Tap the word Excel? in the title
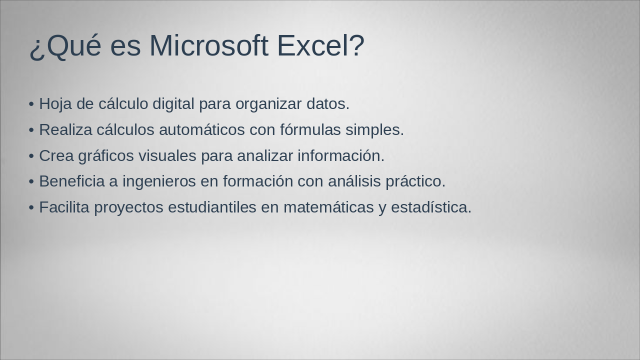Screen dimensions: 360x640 click(x=320, y=45)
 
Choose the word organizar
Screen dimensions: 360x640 click(x=268, y=104)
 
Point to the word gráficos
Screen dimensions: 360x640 click(x=106, y=156)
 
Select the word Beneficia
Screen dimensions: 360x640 click(x=71, y=181)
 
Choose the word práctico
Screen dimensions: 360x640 click(x=415, y=181)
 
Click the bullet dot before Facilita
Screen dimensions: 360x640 click(x=31, y=207)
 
